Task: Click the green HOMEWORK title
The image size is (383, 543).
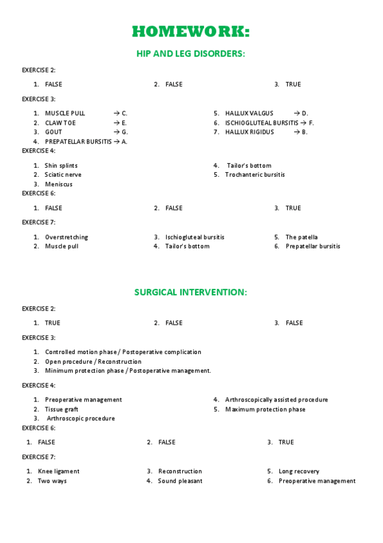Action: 191,31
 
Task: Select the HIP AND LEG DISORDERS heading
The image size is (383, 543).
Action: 191,54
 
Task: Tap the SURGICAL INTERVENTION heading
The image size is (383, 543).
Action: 191,292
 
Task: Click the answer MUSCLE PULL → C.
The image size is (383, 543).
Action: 86,113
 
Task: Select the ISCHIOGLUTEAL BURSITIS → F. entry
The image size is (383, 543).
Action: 269,123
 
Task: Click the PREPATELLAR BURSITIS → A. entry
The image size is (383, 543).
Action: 86,142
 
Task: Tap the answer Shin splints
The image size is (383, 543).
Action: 61,165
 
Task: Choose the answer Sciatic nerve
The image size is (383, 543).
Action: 63,175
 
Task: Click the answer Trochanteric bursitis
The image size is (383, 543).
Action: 254,175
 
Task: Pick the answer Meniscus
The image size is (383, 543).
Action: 58,184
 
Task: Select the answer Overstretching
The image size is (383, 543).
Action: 66,237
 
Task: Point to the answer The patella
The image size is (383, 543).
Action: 301,237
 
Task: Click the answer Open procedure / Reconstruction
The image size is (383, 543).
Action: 93,362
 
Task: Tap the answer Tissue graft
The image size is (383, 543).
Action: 61,409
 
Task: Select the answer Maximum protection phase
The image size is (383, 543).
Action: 265,409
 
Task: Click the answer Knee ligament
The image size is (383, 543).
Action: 59,471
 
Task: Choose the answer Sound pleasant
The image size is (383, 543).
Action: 180,481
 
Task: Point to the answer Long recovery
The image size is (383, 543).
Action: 299,471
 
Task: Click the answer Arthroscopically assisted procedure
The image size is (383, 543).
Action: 276,400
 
